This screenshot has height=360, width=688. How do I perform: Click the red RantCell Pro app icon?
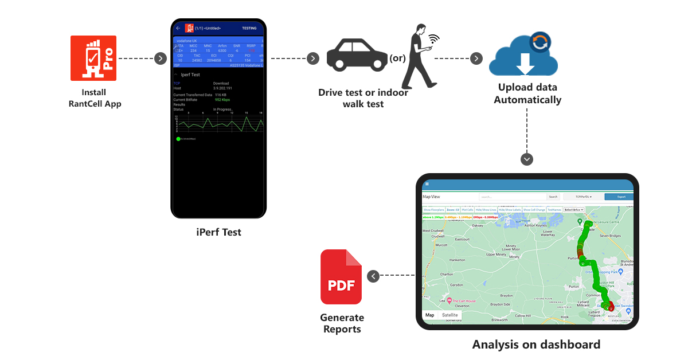click(93, 58)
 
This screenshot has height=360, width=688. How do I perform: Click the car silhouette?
click(357, 57)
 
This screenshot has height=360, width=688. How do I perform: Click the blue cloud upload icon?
click(522, 56)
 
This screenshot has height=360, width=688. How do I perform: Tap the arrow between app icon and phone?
click(160, 58)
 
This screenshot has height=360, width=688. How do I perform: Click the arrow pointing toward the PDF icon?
click(373, 276)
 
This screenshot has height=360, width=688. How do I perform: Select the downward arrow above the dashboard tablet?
click(527, 159)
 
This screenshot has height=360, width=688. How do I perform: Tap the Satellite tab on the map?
click(450, 315)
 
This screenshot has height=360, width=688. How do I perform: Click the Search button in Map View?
click(553, 197)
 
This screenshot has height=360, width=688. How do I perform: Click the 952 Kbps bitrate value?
click(222, 100)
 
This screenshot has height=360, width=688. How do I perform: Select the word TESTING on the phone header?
click(249, 28)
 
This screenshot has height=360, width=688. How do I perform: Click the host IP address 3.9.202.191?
click(224, 88)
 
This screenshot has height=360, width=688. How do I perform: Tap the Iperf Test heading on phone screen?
click(190, 75)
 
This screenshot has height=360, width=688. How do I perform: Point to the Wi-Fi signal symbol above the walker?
click(433, 39)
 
